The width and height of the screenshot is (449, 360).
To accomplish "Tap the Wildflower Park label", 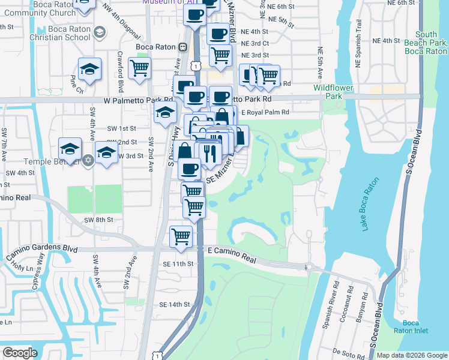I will (x=333, y=92).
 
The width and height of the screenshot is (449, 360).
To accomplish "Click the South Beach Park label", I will (x=427, y=43).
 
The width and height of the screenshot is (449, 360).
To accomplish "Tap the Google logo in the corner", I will (x=20, y=353).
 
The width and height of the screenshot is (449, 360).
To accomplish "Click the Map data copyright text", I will (x=412, y=355).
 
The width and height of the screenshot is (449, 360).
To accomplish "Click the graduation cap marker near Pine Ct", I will (x=89, y=70).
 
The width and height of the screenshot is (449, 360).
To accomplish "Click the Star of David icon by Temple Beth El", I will (x=88, y=161).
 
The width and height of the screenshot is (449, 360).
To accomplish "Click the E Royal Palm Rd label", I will (x=265, y=112).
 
